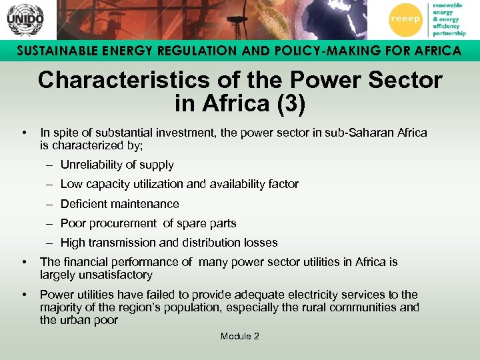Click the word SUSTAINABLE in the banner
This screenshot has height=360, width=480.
point(55,51)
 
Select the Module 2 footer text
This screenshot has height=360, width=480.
point(240,336)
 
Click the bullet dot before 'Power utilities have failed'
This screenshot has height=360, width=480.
point(24,295)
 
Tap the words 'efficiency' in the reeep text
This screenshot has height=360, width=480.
point(447,26)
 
